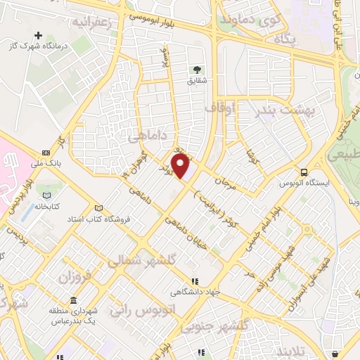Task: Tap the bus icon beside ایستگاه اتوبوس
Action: point(303,172)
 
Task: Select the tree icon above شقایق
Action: point(198,69)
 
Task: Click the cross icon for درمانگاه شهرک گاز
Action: point(37,34)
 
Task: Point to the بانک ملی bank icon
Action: point(46,153)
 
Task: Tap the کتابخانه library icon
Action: point(47,195)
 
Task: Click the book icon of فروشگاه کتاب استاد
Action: point(99,208)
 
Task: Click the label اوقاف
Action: point(221,108)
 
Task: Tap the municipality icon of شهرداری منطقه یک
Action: point(73,301)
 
